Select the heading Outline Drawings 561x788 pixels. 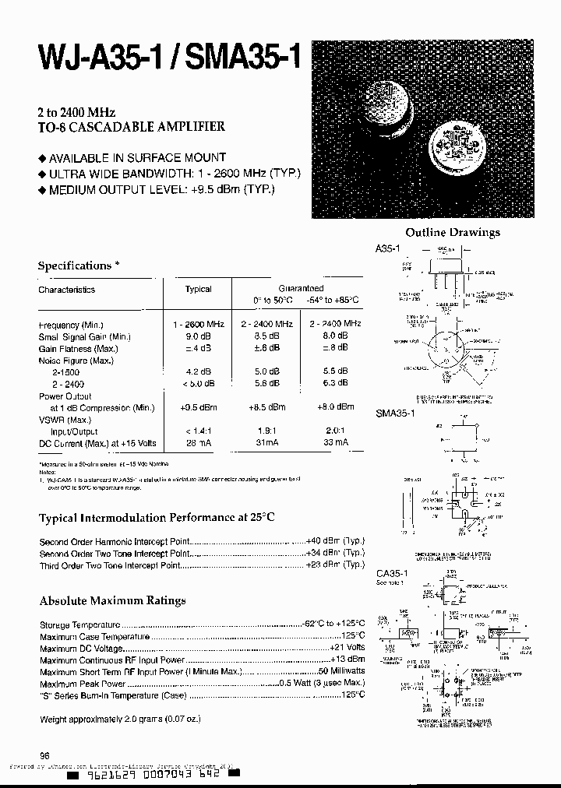[453, 232]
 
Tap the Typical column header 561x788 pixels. [198, 289]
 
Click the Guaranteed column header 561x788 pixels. [299, 288]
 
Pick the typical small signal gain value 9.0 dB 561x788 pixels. [198, 336]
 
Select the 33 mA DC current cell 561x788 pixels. [335, 442]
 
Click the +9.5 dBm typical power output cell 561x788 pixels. [198, 407]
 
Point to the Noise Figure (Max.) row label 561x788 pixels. [78, 361]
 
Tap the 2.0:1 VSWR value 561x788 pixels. [335, 430]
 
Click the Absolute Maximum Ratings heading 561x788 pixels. [112, 600]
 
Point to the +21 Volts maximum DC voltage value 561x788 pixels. [347, 648]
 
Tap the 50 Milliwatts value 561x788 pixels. [340, 671]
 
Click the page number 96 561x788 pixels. [44, 755]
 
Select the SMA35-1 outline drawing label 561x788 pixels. [396, 413]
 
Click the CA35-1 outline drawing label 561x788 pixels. [392, 573]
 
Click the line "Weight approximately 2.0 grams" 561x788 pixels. [118, 719]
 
